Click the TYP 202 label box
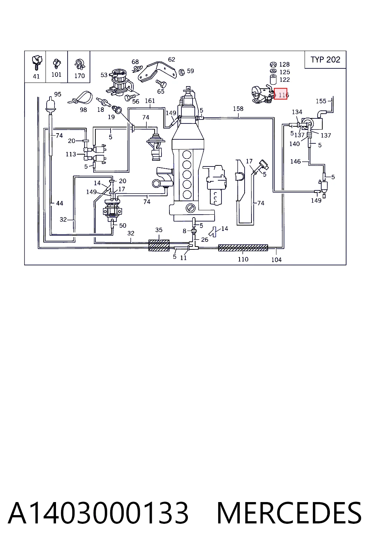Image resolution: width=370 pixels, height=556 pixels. [x=325, y=60]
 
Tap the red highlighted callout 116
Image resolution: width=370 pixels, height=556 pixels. [x=280, y=94]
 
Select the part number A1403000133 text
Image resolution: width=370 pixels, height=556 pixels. [x=98, y=513]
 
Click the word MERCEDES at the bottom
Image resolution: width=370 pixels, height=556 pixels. [x=289, y=513]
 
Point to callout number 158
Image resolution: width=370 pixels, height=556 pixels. [x=238, y=109]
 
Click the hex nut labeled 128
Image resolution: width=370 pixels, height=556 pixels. [x=273, y=64]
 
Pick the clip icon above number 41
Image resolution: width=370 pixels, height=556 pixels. [x=37, y=62]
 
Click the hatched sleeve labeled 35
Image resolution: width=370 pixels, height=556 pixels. [x=159, y=245]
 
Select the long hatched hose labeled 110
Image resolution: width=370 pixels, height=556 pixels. [x=243, y=248]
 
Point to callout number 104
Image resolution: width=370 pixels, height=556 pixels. [x=276, y=260]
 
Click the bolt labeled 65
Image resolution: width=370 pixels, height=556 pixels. [x=161, y=83]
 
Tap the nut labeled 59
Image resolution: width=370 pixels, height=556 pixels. [x=182, y=72]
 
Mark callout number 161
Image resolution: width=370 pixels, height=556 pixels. [x=150, y=101]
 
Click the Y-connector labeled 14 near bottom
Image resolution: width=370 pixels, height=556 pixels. [x=213, y=232]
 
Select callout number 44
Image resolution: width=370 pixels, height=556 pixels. [x=60, y=203]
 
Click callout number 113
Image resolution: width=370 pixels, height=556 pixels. [x=70, y=154]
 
